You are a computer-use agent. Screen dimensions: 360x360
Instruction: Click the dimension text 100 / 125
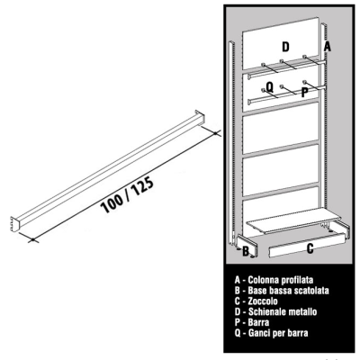[x=127, y=195]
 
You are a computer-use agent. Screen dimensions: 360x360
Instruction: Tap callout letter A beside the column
[x=327, y=47]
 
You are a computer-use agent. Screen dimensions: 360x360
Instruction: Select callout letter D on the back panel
[x=285, y=47]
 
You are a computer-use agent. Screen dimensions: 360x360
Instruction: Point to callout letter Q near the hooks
[x=270, y=87]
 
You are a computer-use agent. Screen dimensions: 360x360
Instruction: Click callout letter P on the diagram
[x=304, y=92]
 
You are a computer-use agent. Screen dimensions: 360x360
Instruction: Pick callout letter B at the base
[x=246, y=251]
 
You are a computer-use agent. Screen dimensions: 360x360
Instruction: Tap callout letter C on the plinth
[x=310, y=248]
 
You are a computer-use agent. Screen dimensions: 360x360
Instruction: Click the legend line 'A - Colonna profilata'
[x=274, y=280]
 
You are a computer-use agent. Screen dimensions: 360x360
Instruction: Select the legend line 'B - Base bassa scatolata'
[x=282, y=291]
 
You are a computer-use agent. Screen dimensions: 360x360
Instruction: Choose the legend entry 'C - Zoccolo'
[x=256, y=301]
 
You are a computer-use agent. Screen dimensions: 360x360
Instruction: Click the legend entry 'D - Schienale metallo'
[x=275, y=311]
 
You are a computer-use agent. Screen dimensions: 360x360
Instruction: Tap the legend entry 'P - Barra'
[x=252, y=322]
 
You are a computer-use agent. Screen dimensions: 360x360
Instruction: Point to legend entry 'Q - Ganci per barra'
[x=272, y=333]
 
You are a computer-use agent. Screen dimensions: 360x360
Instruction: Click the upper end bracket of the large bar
[x=200, y=116]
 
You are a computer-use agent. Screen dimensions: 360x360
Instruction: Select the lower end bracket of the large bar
[x=14, y=224]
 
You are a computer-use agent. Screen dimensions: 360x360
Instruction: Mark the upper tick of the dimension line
[x=216, y=132]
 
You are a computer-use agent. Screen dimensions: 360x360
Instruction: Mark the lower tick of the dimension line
[x=33, y=239]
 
